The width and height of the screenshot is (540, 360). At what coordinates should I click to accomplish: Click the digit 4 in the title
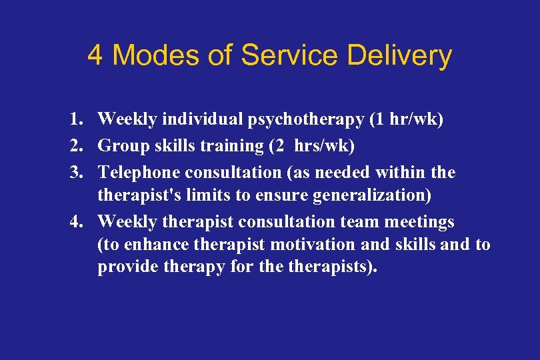95,55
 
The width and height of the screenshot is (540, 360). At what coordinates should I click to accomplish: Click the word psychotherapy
306,120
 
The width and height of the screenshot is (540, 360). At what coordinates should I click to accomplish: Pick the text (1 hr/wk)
406,119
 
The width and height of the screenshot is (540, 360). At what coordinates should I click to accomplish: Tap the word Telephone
139,173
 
